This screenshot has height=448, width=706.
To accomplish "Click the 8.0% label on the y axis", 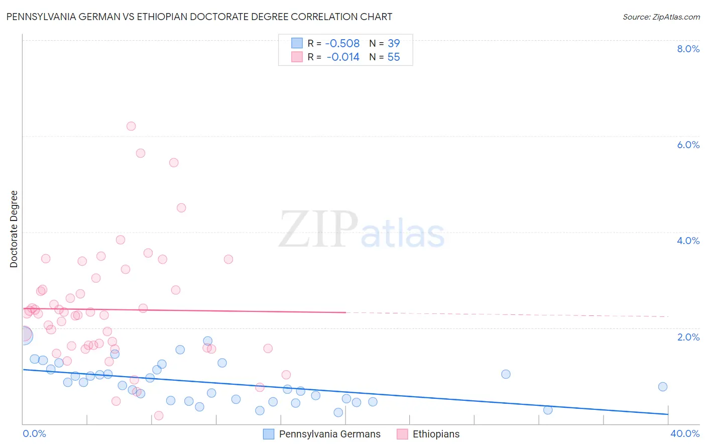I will (688, 49).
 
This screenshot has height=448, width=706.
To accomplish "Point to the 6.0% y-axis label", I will (688, 145).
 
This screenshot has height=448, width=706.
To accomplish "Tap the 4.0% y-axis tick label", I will (688, 241).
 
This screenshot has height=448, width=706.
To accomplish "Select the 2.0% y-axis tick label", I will (688, 337).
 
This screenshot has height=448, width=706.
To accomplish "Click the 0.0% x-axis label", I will (35, 433).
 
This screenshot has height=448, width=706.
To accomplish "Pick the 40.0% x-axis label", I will (684, 433).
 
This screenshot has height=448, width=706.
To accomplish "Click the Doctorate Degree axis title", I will (14, 229).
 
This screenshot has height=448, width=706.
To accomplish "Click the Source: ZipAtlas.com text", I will (661, 17).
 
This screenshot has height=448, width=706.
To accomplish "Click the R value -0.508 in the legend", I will (342, 44).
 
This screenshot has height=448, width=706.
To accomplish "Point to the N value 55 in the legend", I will (394, 57).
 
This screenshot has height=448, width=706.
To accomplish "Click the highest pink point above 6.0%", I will (131, 126).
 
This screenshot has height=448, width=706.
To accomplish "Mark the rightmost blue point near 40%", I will (663, 387).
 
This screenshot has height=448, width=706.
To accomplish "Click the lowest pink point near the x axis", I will (159, 415).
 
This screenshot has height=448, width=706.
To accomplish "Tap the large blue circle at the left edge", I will (24, 335).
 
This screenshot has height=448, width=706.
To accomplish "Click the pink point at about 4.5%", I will (181, 208).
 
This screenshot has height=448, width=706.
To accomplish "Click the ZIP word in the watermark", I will (318, 230).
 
